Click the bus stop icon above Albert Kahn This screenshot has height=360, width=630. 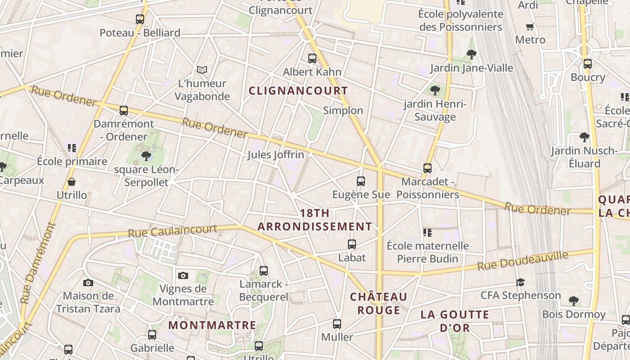tap(312, 58)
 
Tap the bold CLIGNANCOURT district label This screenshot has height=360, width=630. tap(298, 90)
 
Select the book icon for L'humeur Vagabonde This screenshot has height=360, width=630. tap(202, 70)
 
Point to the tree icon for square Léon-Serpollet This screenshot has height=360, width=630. tap(146, 156)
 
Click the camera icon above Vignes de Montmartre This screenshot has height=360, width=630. tap(183, 275)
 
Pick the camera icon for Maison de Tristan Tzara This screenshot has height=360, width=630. tap(88, 283)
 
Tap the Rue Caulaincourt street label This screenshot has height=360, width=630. tap(172, 231)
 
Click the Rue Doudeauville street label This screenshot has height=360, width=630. tap(522, 261)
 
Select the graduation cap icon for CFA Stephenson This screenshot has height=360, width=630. tap(520, 282)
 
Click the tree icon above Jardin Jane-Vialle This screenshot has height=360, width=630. tap(472, 54)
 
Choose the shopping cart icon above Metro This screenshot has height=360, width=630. tap(530, 27)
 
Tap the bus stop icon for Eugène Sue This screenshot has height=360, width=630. tap(361, 181)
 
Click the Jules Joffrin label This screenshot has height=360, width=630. tap(275, 155)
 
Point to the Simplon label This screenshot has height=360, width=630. tap(343, 111)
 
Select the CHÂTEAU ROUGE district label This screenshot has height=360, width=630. tap(378, 303)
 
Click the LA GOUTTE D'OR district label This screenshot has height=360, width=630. tap(454, 321)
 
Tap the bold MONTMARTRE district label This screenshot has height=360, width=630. tap(212, 325)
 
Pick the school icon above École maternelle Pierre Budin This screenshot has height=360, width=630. tap(427, 233)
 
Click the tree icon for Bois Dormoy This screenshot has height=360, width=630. tap(573, 300)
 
